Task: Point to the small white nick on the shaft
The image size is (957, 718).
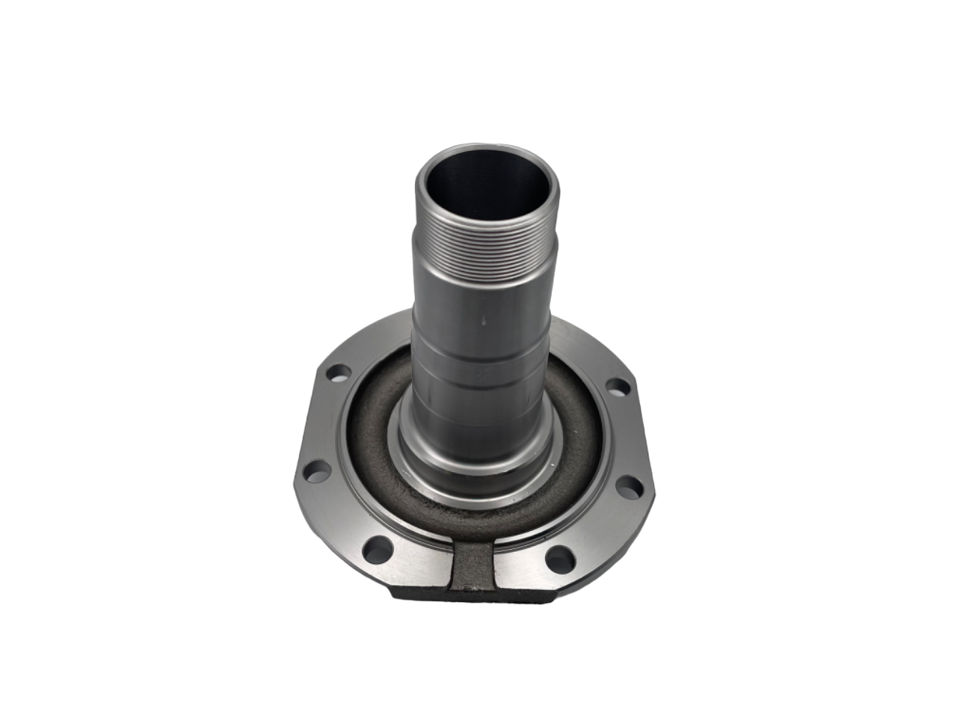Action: tap(484, 322)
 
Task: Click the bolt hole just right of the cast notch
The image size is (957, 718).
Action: tap(560, 556)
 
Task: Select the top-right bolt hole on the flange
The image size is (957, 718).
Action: tap(618, 387)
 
